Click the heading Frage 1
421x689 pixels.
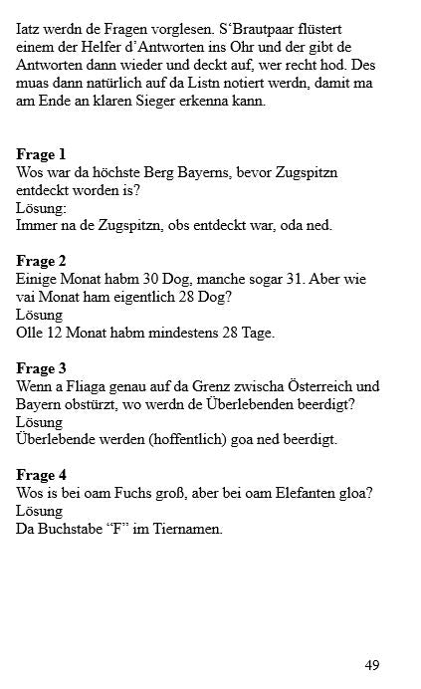(41, 154)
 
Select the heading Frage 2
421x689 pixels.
(41, 262)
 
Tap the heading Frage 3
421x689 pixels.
(41, 368)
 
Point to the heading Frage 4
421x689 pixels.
(41, 476)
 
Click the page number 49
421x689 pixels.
(372, 665)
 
